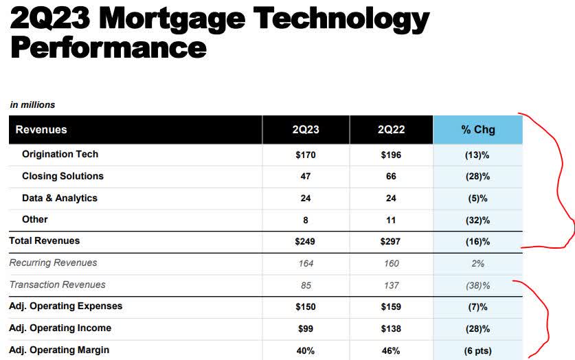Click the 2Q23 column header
pyautogui.click(x=306, y=129)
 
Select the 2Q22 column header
pyautogui.click(x=391, y=129)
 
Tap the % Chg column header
pyautogui.click(x=477, y=129)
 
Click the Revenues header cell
pyautogui.click(x=41, y=129)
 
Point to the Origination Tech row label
pyautogui.click(x=60, y=155)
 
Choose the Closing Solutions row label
pyautogui.click(x=63, y=176)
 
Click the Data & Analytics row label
pyautogui.click(x=60, y=198)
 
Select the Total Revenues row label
pyautogui.click(x=44, y=240)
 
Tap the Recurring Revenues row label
pyautogui.click(x=53, y=262)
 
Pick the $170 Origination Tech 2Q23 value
pyautogui.click(x=306, y=155)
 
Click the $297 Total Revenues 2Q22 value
pyautogui.click(x=391, y=241)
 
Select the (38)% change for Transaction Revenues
pyautogui.click(x=477, y=284)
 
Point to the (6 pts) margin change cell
pyautogui.click(x=477, y=350)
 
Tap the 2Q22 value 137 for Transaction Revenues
pyautogui.click(x=391, y=284)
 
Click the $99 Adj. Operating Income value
pyautogui.click(x=306, y=328)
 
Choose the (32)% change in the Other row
pyautogui.click(x=477, y=220)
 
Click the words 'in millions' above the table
pyautogui.click(x=32, y=104)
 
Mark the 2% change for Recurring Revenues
pyautogui.click(x=477, y=263)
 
